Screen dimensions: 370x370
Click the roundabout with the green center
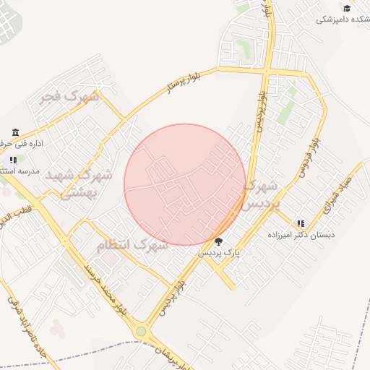pyautogui.click(x=141, y=332)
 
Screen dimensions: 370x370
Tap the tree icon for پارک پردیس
pyautogui.click(x=219, y=241)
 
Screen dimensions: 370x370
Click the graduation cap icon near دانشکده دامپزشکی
pyautogui.click(x=347, y=8)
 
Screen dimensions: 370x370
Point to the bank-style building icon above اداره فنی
pyautogui.click(x=16, y=132)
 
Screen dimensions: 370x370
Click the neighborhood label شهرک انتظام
pyautogui.click(x=132, y=246)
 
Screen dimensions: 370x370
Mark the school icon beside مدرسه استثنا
pyautogui.click(x=13, y=160)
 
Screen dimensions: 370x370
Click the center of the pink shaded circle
pyautogui.click(x=185, y=185)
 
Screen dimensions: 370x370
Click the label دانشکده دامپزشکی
pyautogui.click(x=343, y=20)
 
